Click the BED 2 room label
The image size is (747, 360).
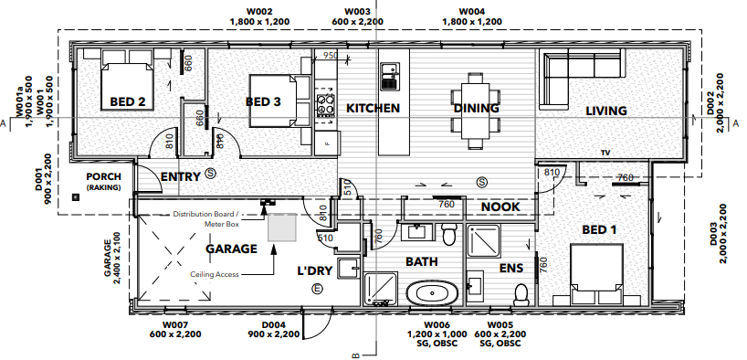128,101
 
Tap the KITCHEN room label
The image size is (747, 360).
373,108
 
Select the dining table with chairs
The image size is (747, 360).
475,110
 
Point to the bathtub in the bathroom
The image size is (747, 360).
433,295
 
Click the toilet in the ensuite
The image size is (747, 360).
521,294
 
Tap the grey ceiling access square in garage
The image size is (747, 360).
282,228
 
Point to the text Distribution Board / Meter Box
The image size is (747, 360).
208,218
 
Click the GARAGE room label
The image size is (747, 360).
230,248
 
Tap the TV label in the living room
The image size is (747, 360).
605,152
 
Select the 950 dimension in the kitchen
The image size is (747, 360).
331,56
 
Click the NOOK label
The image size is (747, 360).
500,206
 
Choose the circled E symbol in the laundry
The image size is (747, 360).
317,289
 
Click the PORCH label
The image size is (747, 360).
98,176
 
